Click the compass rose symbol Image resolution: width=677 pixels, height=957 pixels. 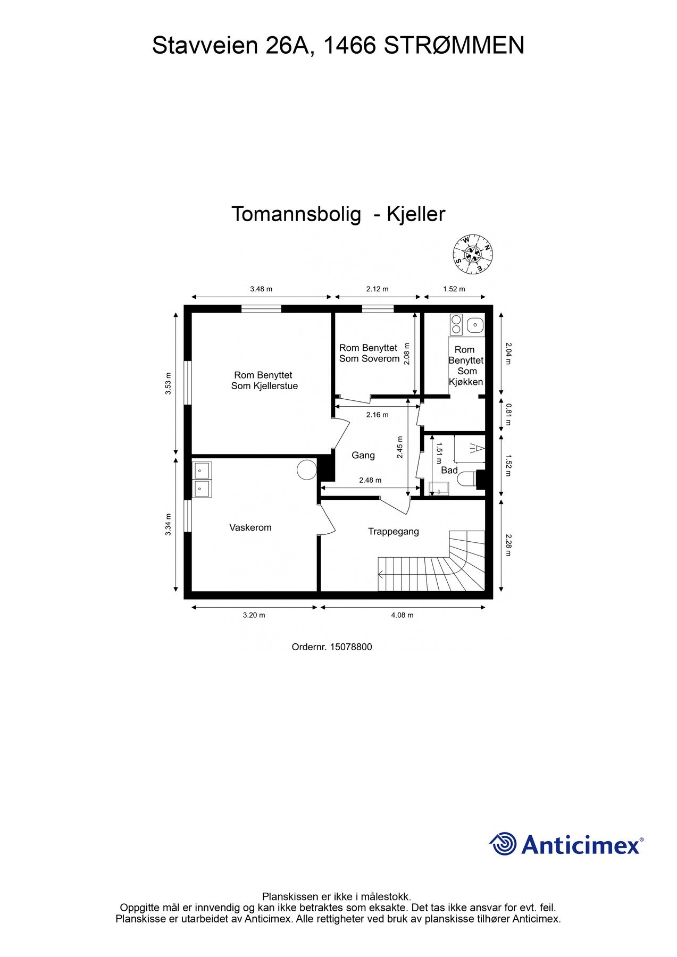pos(472,255)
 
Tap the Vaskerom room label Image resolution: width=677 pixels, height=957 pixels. pos(250,527)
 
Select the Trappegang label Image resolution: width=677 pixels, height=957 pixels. pos(394,531)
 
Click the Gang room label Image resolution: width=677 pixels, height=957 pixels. pos(363,455)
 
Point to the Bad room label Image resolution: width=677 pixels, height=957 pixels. pos(449,470)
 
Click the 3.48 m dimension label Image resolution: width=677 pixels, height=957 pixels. pos(261,289)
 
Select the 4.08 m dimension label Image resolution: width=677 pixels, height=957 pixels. pos(402,615)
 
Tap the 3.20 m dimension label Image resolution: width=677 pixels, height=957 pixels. pos(254,615)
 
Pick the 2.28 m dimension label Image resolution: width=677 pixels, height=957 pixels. pos(508,545)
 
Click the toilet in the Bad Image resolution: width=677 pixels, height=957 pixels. pos(466,479)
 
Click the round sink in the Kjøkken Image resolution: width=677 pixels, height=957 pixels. pos(474,324)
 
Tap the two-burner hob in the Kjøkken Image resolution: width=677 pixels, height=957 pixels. pos(456,324)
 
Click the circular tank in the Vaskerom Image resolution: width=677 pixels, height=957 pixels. pos(306,469)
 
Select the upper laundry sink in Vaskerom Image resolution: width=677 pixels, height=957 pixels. pos(202,470)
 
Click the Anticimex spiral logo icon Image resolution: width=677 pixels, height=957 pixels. pos(503,844)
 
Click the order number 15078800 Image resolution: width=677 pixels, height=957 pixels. pos(350,647)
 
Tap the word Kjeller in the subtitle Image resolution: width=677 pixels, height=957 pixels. pos(415,214)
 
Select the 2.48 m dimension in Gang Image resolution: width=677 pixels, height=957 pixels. pos(370,480)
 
